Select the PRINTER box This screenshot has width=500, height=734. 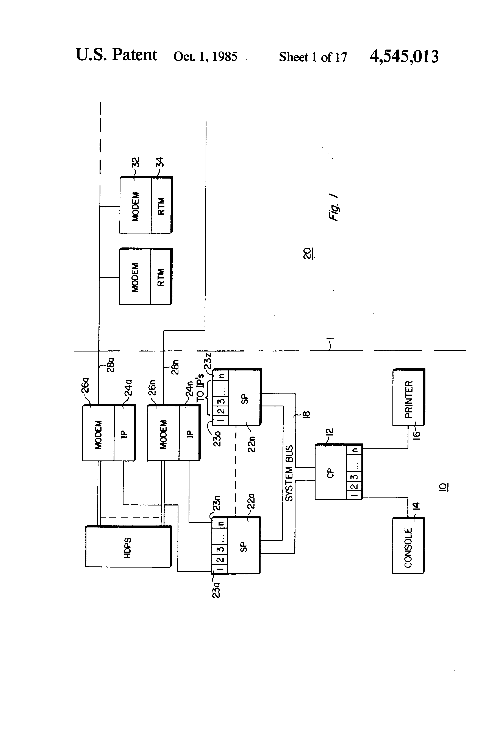(x=408, y=397)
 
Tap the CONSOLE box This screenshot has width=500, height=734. (x=408, y=546)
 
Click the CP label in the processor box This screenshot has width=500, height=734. (x=330, y=473)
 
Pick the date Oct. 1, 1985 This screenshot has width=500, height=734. (x=205, y=56)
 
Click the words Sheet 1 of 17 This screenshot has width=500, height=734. (x=312, y=57)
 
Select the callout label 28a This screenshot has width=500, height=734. (x=110, y=365)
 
